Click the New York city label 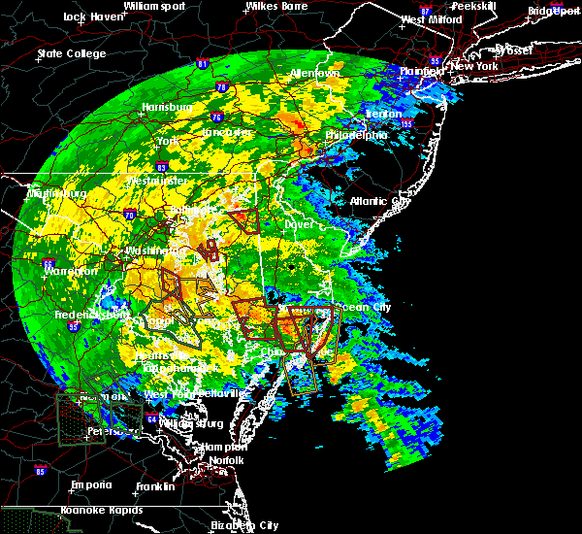[473, 66]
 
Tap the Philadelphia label [356, 135]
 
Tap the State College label [70, 53]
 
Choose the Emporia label [93, 484]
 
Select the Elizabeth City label [244, 525]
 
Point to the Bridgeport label [553, 11]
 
